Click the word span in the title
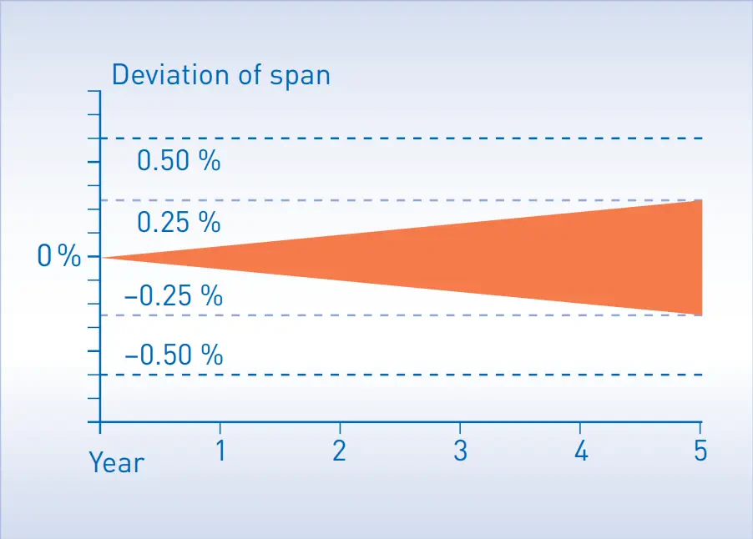coord(300,76)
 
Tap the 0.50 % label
coord(179,161)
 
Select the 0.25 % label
coord(179,223)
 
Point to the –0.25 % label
coord(174,295)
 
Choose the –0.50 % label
coord(174,355)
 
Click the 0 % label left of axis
coord(59,257)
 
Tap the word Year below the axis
coord(116,461)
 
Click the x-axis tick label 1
coord(220,451)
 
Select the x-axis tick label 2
coord(340,451)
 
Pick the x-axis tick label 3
coord(460,451)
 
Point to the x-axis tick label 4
coord(581,451)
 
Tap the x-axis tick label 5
coord(700,451)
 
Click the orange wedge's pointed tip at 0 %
coord(104,257)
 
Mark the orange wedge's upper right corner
coord(700,201)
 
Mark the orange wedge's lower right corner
coord(700,315)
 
